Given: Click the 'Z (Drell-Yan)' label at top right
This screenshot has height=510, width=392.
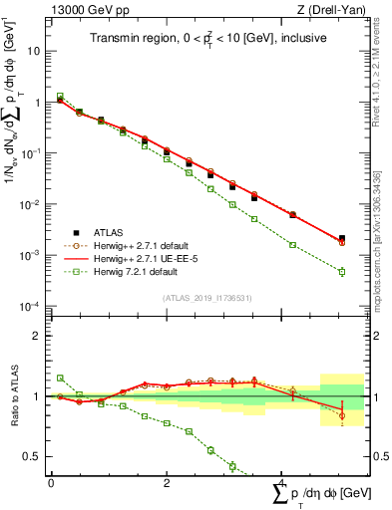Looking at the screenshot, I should pos(336,10).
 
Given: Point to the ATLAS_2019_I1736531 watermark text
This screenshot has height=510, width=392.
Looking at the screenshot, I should pos(207,297).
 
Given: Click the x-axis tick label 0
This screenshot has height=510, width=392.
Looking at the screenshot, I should pos(51,482).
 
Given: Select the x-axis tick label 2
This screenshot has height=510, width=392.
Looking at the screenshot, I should pos(167,482).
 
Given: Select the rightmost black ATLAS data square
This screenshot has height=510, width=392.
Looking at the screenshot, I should pos(342,238).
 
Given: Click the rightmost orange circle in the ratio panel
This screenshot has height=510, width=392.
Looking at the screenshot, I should pos(342,416).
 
